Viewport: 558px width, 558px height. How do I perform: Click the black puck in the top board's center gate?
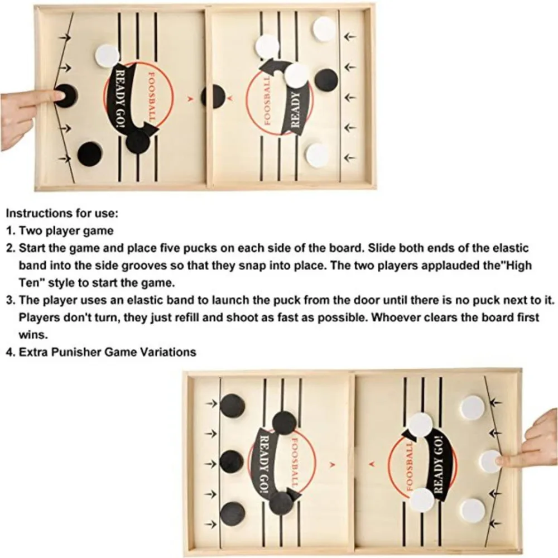point(213,96)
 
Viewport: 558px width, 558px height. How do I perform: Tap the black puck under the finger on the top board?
point(66,95)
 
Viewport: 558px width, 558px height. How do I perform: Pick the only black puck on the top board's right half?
point(326,80)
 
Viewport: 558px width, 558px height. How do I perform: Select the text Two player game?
point(66,230)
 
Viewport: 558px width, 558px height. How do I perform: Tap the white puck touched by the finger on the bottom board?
point(490,461)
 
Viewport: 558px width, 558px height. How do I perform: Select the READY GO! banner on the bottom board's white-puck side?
point(442,466)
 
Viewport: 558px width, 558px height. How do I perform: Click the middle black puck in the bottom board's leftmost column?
point(232,461)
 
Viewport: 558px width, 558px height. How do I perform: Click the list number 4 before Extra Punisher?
point(10,352)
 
